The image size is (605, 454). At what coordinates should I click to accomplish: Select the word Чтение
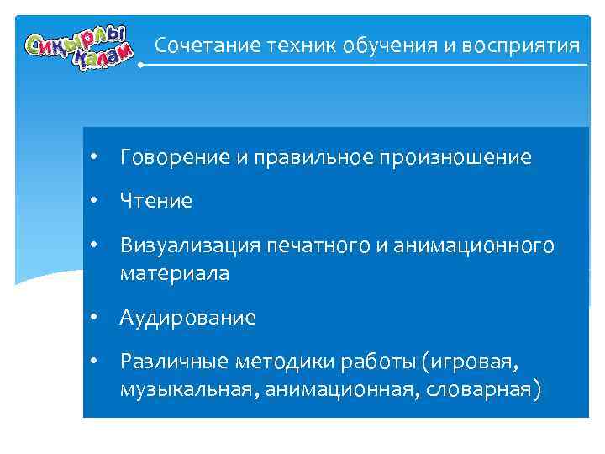(x=155, y=202)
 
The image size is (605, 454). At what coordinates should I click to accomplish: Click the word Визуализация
(x=190, y=246)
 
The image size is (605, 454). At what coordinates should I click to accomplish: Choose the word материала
(x=174, y=273)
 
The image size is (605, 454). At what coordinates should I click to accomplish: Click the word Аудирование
(x=188, y=319)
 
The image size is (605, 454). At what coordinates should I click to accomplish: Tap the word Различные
(x=172, y=363)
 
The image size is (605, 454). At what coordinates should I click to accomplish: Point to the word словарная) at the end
(x=489, y=390)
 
